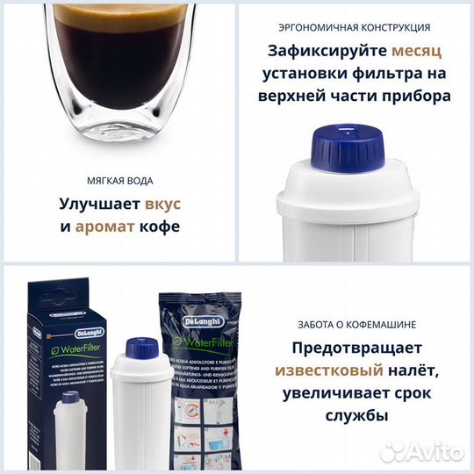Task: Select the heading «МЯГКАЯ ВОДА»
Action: [118, 180]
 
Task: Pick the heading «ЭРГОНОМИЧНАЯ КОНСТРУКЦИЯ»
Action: [355, 28]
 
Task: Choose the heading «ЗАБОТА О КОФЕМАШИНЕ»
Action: [355, 320]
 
